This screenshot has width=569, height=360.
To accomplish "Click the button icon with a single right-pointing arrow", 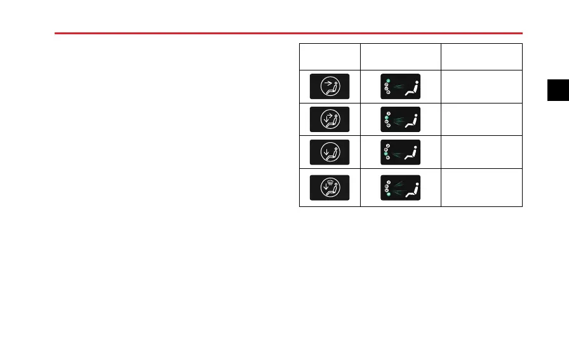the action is pos(329,86).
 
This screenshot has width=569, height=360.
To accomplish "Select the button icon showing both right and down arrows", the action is pos(329,119).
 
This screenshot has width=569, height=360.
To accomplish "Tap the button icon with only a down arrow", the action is pos(329,152).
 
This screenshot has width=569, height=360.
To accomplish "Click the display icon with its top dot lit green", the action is pos(400,86).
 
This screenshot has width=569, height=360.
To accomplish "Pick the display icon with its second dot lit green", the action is pos(400,119).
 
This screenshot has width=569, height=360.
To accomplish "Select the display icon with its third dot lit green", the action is pos(400,152).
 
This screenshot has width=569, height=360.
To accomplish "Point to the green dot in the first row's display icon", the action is pos(387,80).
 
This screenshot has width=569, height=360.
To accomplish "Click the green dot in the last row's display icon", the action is pos(388,194).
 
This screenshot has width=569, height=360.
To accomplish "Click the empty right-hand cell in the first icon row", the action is pos(481,86).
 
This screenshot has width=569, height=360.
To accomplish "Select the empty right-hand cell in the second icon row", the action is pos(481,119).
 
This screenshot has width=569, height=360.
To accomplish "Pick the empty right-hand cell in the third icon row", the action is pos(481,152).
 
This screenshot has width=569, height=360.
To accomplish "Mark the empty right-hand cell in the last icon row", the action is pos(481,187).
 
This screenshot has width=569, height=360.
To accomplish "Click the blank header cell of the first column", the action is pos(329,57).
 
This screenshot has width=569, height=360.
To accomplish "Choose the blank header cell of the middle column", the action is pos(400,57).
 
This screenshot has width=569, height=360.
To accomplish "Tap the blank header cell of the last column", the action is pos(481,57).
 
